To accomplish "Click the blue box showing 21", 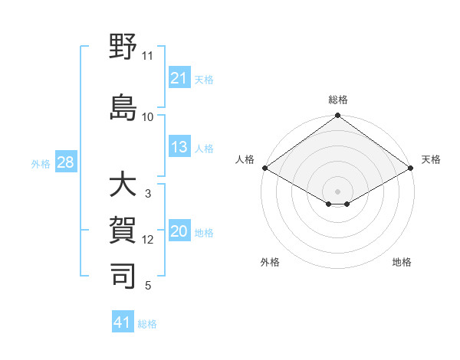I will [179, 78].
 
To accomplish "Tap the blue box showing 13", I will [179, 147].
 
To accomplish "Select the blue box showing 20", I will [179, 232].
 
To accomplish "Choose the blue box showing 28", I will [64, 162].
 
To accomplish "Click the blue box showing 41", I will [123, 322].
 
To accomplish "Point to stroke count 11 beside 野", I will [148, 56].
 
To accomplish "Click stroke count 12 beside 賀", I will [148, 240].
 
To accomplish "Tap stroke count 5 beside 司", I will [148, 286].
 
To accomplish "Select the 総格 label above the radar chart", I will [337, 100].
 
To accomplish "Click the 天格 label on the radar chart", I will [431, 159].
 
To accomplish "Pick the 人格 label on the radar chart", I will [245, 159].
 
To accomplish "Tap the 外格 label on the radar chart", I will [270, 262].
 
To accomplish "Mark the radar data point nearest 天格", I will [412, 168].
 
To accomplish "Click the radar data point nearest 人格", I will [264, 168].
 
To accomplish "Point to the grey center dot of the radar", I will [337, 190].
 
